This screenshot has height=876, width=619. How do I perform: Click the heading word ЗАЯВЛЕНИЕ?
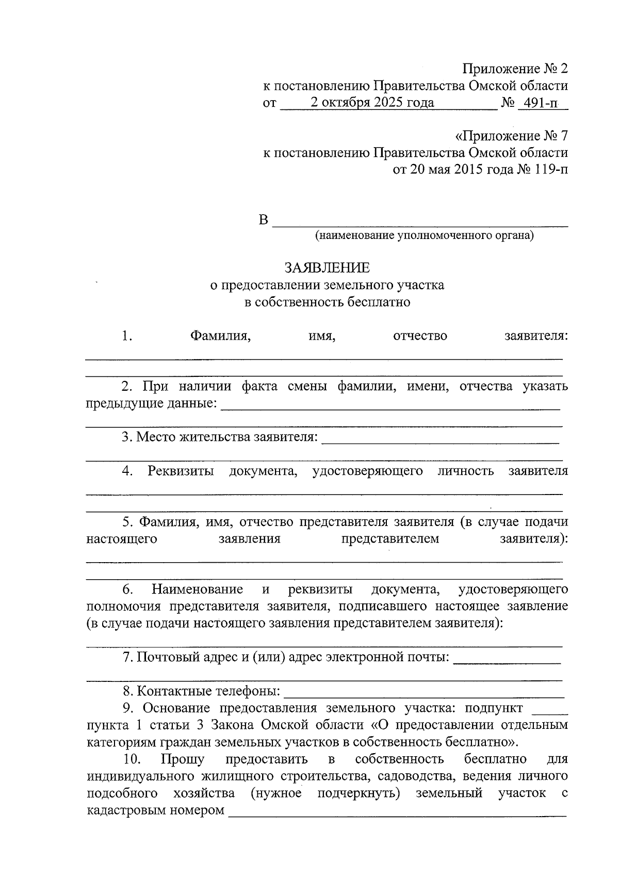point(327,267)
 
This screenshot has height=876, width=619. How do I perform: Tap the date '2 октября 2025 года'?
point(371,103)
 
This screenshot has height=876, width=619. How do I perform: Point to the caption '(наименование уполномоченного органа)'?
point(425,236)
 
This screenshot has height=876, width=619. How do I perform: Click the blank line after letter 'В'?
point(420,222)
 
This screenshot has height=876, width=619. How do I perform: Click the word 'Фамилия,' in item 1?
point(220,336)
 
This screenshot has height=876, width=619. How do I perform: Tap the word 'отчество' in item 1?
point(420,336)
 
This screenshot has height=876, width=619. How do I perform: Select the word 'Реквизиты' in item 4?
point(181,471)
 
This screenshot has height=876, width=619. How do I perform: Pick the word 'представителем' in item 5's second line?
point(390,539)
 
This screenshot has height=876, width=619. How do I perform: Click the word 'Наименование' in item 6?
point(197,590)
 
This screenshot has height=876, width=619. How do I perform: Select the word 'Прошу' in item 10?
point(183,759)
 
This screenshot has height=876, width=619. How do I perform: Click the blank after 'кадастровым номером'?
point(397,811)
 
